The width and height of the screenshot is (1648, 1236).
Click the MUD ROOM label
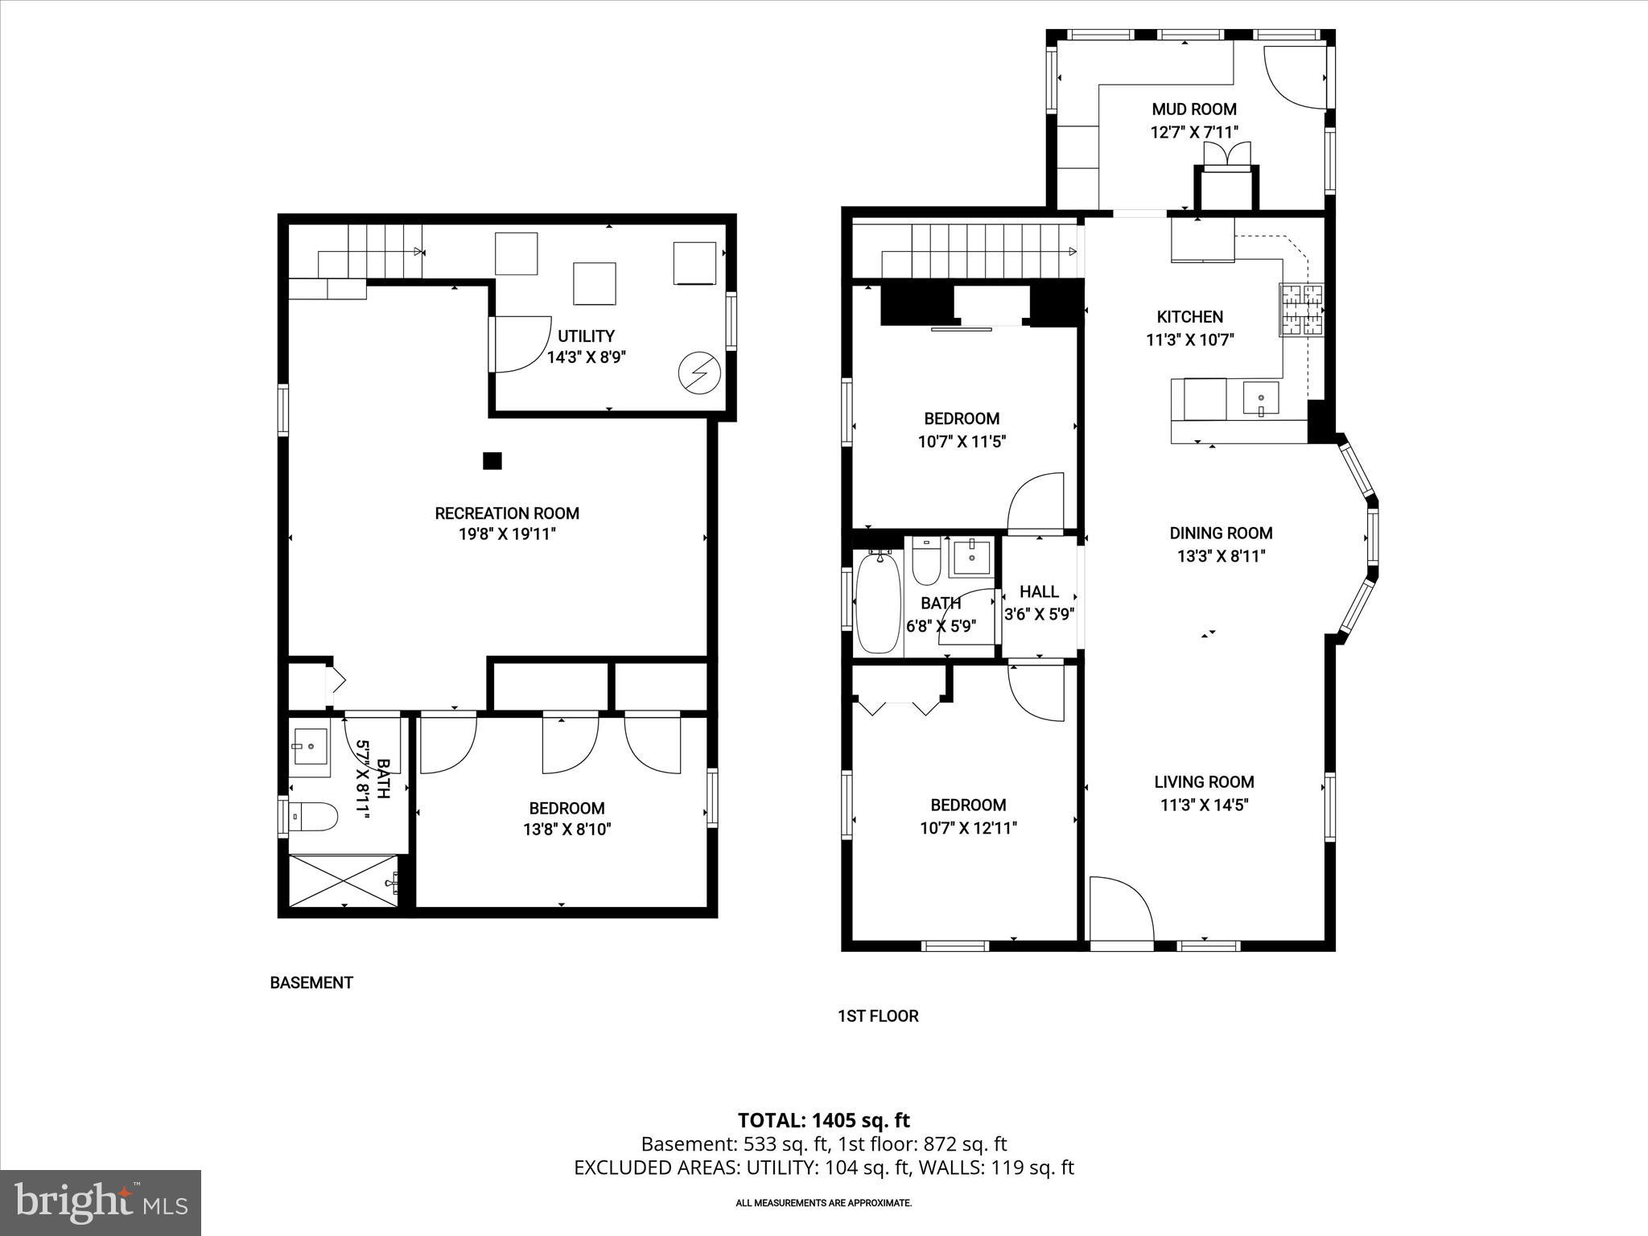tap(1193, 109)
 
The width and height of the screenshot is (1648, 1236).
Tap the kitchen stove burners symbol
tap(1301, 310)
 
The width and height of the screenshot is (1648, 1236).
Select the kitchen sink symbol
tap(1260, 399)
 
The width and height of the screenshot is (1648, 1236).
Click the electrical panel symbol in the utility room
tap(698, 373)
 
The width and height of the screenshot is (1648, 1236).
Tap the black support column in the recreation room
tap(492, 460)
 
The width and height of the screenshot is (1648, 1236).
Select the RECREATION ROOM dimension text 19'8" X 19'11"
tap(507, 534)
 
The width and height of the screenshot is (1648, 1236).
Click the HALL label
tap(1039, 591)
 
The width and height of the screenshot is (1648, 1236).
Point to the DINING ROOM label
tap(1221, 533)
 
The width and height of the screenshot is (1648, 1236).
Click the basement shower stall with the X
tap(344, 881)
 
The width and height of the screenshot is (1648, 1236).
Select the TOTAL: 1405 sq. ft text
tap(823, 1120)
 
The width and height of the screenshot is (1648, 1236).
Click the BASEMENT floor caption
tap(311, 983)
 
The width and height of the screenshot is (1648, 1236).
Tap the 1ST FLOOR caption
tap(878, 1016)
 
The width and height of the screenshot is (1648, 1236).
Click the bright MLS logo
tap(101, 1202)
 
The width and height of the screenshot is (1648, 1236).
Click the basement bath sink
tap(310, 748)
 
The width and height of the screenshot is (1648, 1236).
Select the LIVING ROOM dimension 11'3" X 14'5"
tap(1204, 805)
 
